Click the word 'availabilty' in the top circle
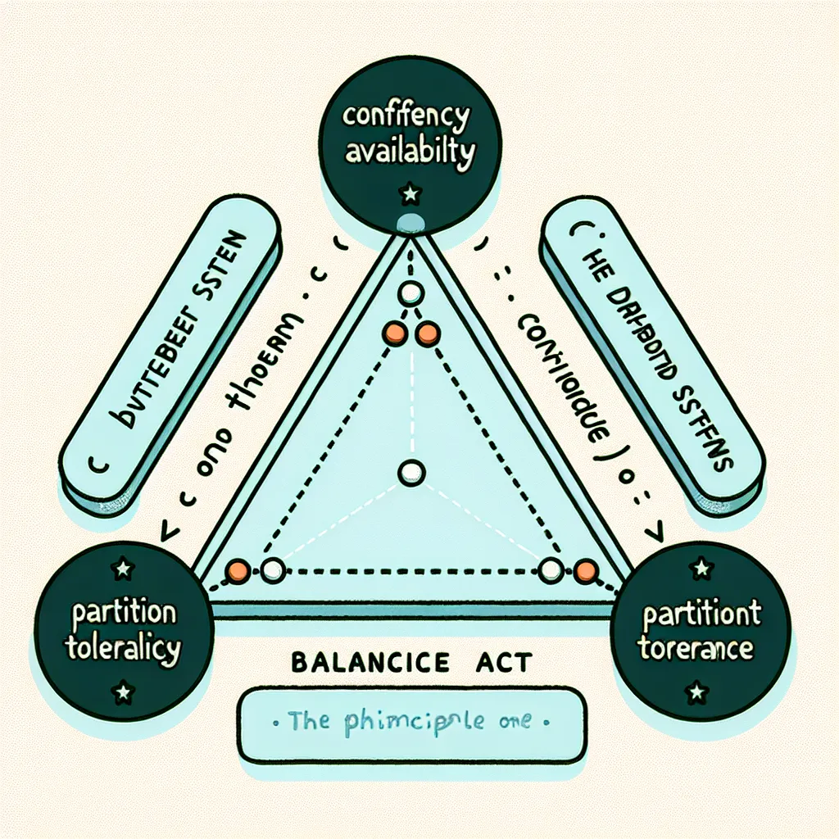409,152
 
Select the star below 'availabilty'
409,194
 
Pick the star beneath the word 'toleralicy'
123,693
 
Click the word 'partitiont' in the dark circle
701,614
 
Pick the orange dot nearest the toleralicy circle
237,569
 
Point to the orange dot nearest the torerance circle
586,570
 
